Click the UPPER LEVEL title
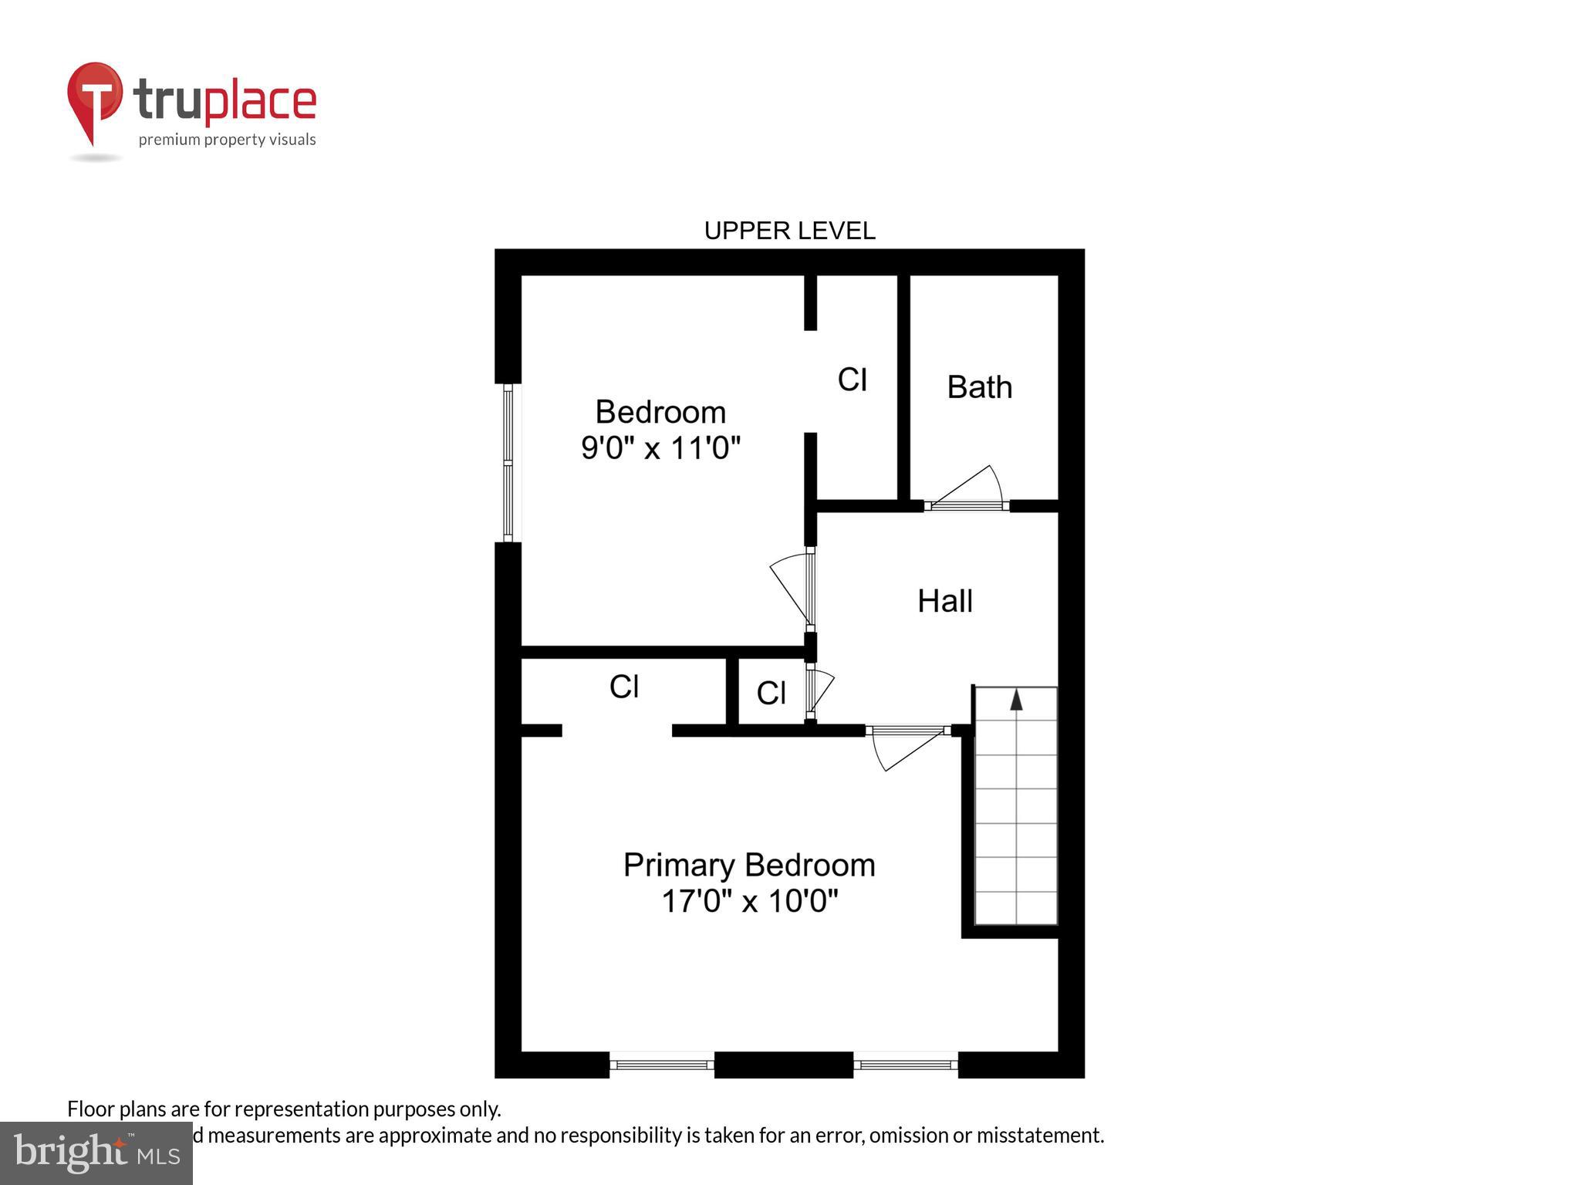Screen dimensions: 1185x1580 [789, 231]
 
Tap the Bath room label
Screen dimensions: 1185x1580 [979, 387]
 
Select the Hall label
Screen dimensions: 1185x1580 [944, 601]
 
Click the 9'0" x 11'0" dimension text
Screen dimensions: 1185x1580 [660, 447]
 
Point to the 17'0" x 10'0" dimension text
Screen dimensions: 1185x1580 [749, 900]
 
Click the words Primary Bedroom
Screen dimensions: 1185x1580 [749, 865]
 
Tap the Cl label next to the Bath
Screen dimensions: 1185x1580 [852, 380]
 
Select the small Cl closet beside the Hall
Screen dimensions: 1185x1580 [771, 693]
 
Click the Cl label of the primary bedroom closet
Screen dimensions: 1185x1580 [623, 686]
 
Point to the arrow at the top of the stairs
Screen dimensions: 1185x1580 [1016, 700]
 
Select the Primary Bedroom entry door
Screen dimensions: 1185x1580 [907, 745]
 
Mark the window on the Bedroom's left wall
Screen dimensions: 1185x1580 [508, 463]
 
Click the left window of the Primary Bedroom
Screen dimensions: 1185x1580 [662, 1065]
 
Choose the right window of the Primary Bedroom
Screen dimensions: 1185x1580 [906, 1065]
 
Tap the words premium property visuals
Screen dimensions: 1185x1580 [227, 140]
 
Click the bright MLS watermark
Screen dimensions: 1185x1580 [96, 1153]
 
